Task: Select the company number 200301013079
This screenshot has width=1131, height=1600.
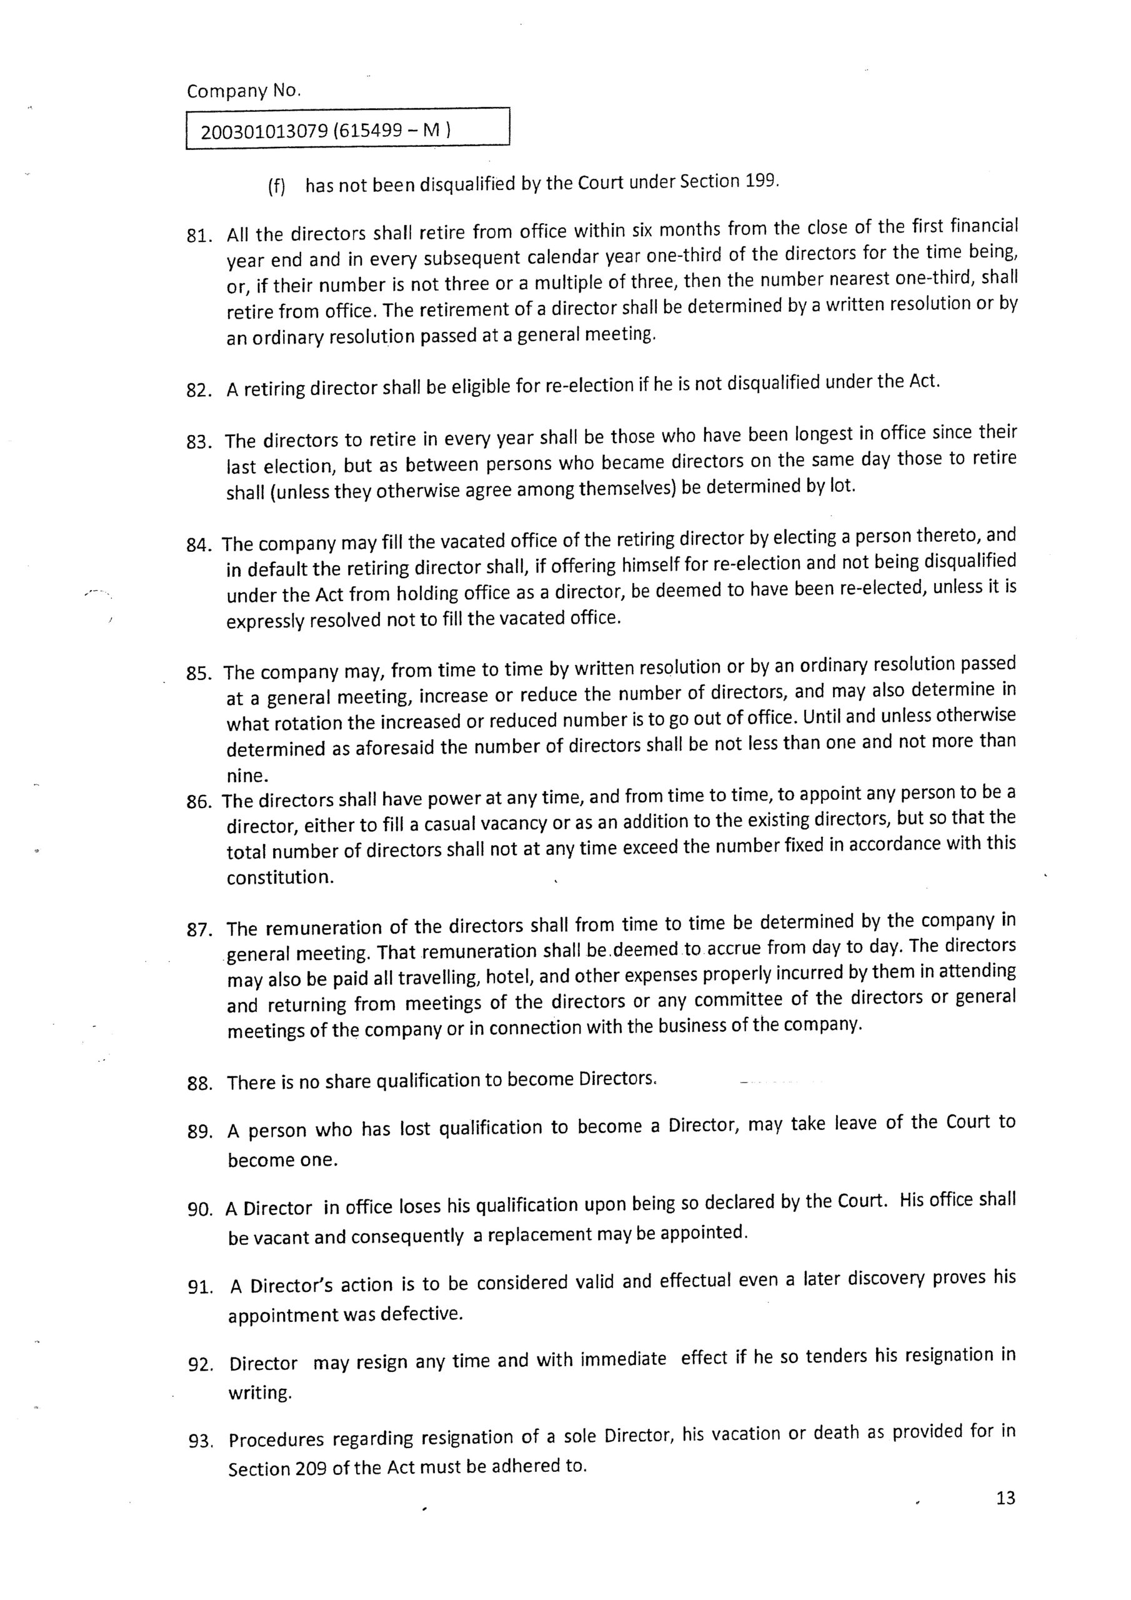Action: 264,131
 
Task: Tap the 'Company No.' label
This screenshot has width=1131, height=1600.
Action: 244,91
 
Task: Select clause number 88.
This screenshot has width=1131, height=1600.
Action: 199,1084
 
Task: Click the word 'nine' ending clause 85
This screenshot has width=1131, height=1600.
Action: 246,776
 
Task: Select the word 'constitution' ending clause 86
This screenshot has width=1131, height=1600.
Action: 279,877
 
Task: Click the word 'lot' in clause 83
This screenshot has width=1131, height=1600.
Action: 841,485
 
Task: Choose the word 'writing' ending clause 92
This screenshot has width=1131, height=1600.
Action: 259,1393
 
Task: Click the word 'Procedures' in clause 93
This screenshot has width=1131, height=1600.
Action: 276,1438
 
